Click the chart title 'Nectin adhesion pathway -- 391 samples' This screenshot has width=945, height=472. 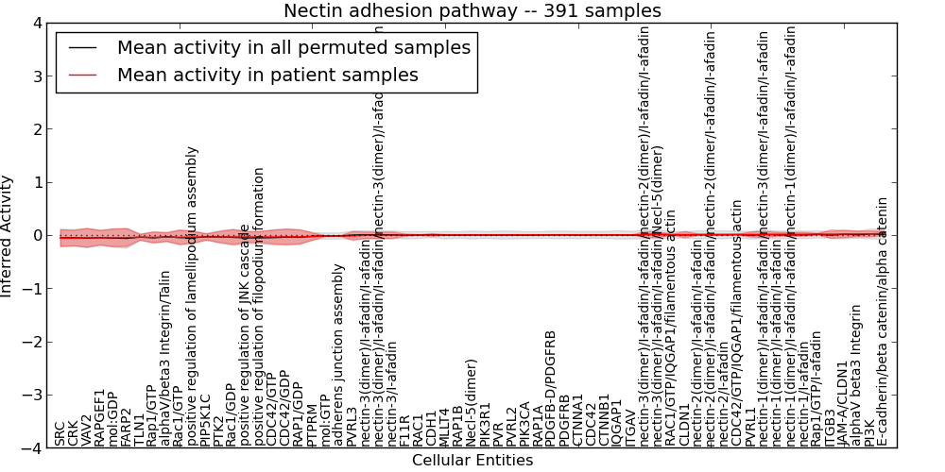pos(472,11)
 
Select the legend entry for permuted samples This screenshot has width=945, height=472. pos(293,47)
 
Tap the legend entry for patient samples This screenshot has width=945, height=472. pos(267,75)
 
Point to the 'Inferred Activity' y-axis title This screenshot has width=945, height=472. pos(8,236)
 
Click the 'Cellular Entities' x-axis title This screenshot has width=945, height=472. pos(472,461)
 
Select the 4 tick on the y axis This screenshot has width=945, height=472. pos(35,23)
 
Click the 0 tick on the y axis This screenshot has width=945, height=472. pos(35,236)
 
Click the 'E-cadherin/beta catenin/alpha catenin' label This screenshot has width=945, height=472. pos(883,321)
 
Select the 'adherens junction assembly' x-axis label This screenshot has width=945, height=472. pos(338,354)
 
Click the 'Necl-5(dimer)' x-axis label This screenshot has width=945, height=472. pos(472,402)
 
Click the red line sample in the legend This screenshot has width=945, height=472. pos(83,75)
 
